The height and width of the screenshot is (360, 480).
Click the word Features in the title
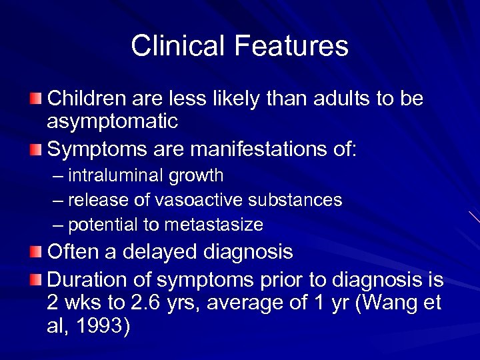click(x=291, y=46)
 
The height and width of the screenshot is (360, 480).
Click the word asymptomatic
click(x=113, y=121)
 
